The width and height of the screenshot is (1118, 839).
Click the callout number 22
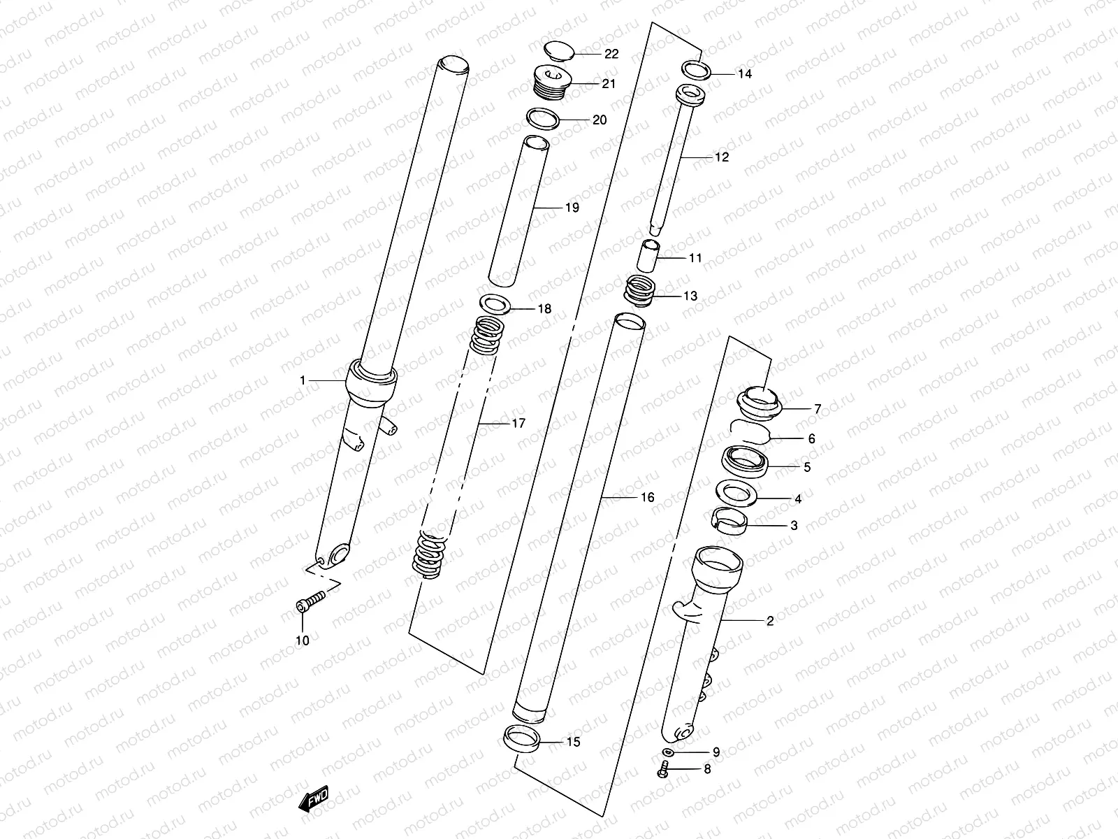(x=611, y=55)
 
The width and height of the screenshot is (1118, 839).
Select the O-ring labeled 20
(x=543, y=118)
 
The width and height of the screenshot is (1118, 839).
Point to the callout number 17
(x=518, y=423)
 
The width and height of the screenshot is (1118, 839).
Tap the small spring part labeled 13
(x=640, y=290)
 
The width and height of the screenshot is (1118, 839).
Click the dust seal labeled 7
(x=760, y=403)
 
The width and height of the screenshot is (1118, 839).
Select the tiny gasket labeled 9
(x=667, y=752)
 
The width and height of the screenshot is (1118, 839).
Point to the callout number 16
(x=647, y=497)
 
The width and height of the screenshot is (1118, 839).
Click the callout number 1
(x=303, y=380)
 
